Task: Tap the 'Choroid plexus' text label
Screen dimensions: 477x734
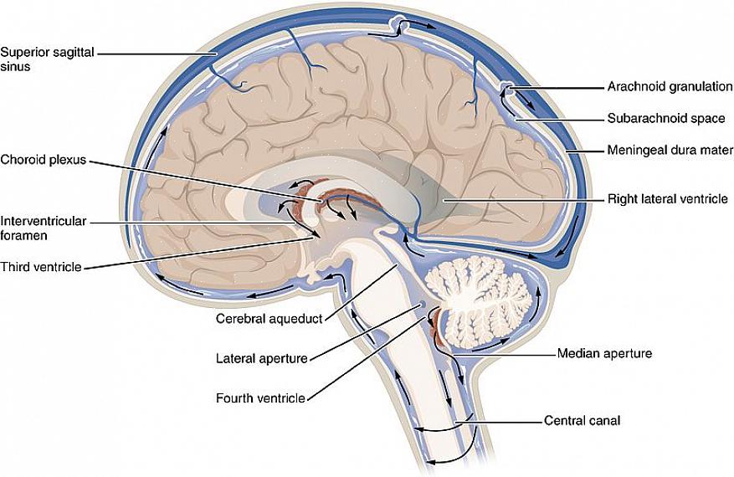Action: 43,159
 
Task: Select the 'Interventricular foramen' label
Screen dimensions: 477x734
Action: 43,228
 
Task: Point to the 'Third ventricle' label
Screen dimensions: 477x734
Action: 40,267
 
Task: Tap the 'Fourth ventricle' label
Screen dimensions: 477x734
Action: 259,397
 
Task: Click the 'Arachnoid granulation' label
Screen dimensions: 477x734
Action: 670,86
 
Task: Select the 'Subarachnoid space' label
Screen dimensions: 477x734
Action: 666,119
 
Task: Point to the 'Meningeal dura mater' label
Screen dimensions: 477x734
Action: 670,151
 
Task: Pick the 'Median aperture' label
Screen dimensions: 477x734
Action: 604,353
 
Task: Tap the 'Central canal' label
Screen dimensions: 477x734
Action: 582,421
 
